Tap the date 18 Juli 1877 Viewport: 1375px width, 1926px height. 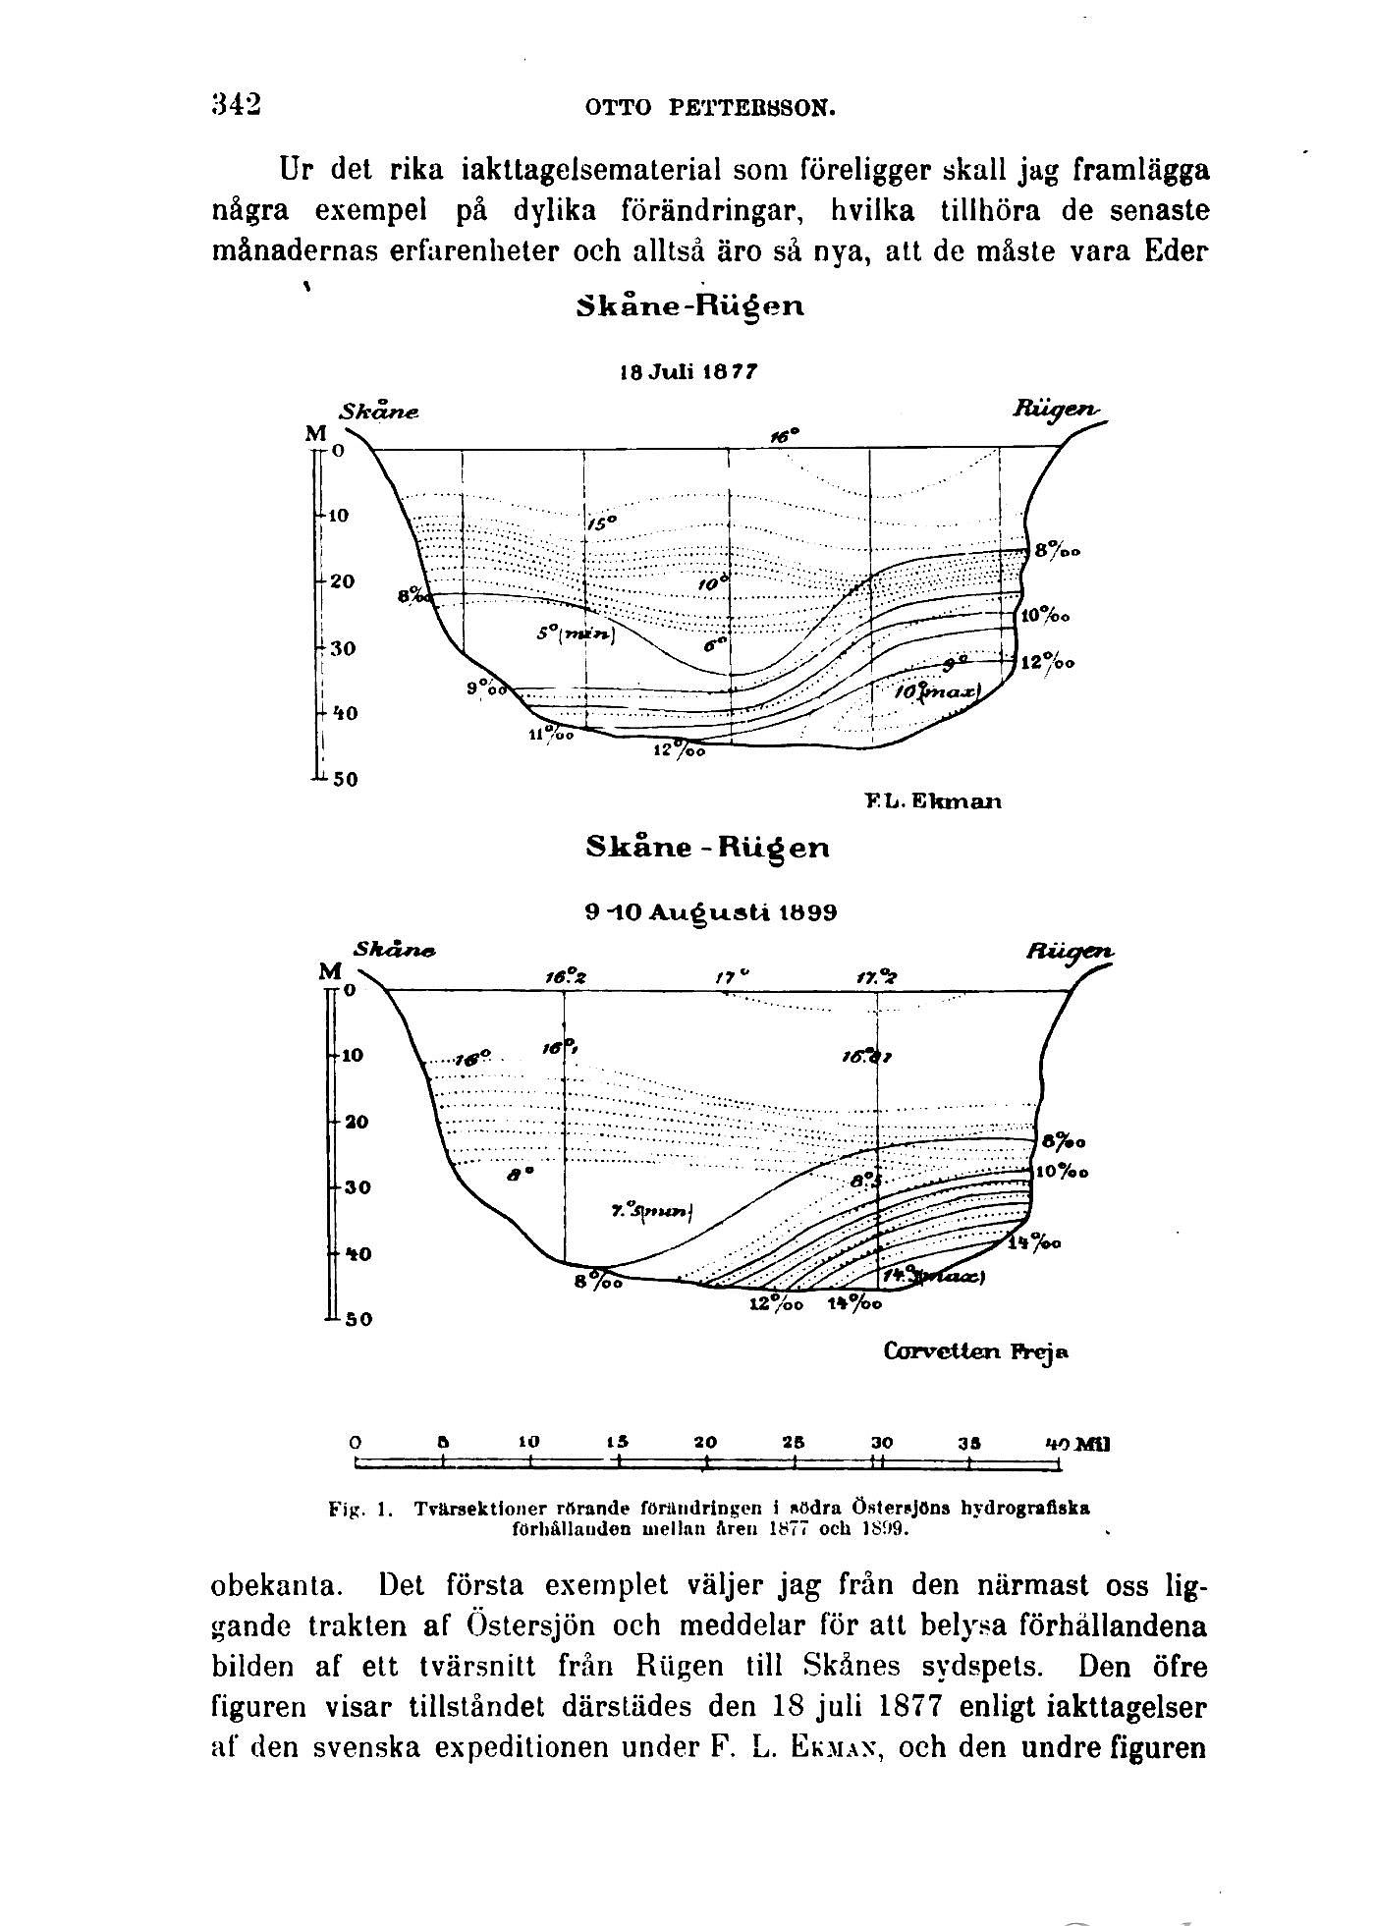tap(688, 372)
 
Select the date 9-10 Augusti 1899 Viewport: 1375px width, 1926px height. tap(710, 911)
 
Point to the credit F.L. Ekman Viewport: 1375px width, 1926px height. tap(933, 800)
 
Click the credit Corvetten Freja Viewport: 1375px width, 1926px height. tap(976, 1351)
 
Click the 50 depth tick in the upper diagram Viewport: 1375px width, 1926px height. tap(345, 781)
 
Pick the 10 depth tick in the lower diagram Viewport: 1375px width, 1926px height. tap(352, 1056)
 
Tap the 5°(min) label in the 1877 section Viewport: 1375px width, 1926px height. tap(576, 635)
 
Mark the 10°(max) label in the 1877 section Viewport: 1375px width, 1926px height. tap(937, 692)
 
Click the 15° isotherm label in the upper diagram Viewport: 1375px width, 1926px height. tap(601, 523)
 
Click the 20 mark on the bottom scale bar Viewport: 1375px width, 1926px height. tap(705, 1443)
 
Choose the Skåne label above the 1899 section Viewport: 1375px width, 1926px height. tap(394, 950)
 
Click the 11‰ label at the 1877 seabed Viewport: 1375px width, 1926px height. tap(551, 734)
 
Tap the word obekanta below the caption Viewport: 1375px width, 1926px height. tap(276, 1585)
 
